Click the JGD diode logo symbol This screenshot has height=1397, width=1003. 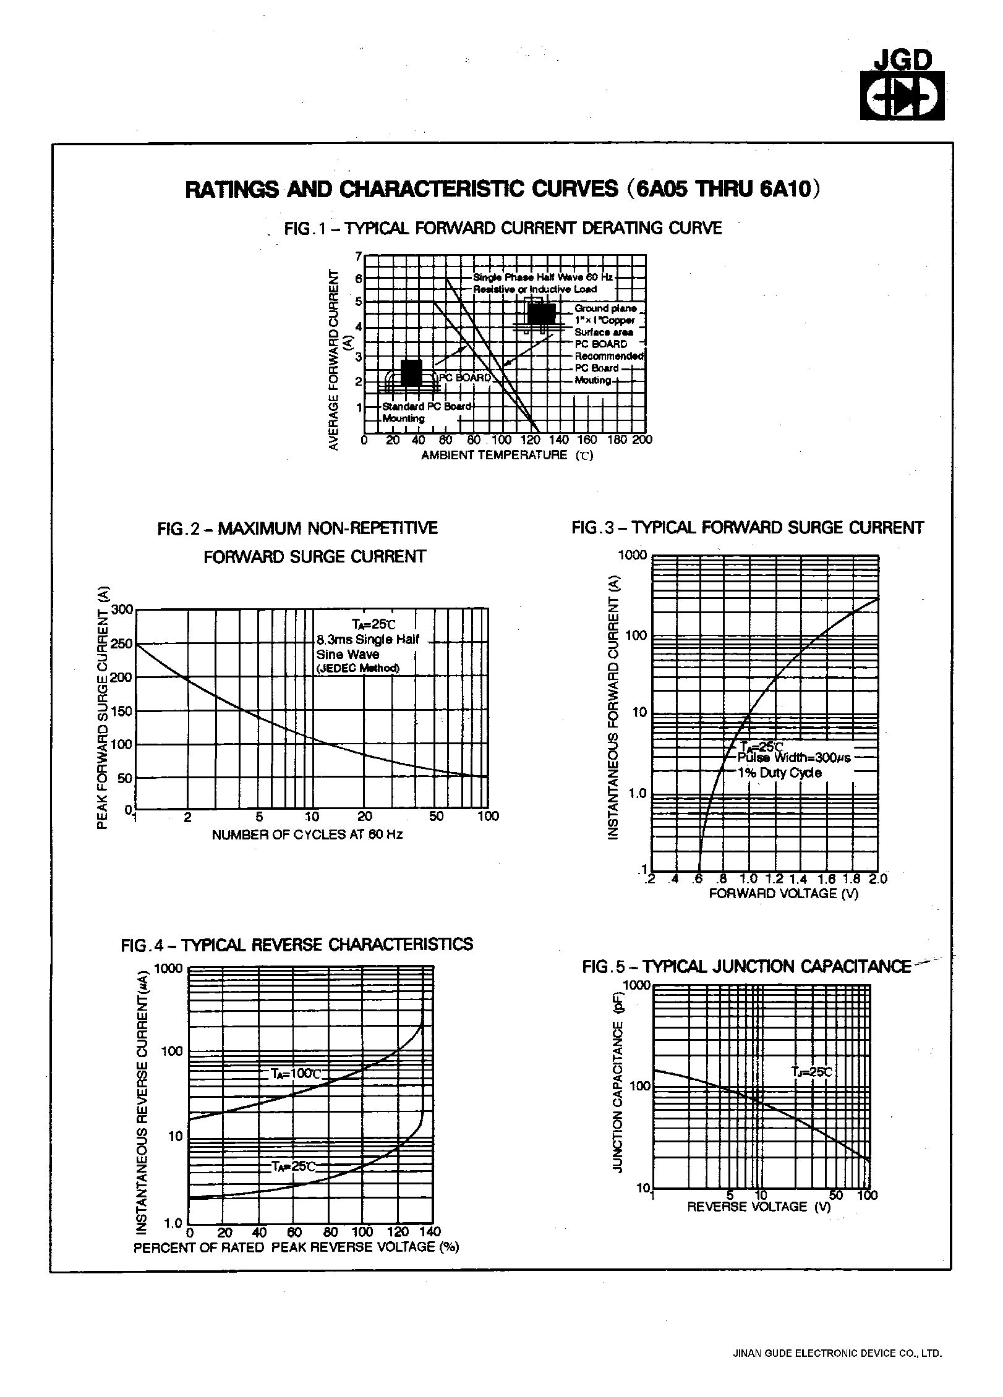coord(902,96)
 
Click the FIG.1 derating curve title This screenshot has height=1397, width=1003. coord(503,229)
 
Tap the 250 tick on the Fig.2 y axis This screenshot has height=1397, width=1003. coord(121,643)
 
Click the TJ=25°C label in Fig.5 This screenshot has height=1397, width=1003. coord(812,1071)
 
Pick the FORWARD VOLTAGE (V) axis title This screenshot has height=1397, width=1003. coord(783,893)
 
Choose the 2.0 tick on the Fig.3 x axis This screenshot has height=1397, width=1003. coord(877,879)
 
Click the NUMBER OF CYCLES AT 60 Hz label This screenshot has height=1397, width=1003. coord(307,835)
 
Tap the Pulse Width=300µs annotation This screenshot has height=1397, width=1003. coord(794,758)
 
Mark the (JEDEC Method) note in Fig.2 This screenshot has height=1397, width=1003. coord(357,668)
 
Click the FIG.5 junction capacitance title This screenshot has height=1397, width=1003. coord(746,967)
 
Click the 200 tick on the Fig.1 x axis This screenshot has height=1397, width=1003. coord(643,440)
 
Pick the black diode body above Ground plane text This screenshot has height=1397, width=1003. coord(541,315)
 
